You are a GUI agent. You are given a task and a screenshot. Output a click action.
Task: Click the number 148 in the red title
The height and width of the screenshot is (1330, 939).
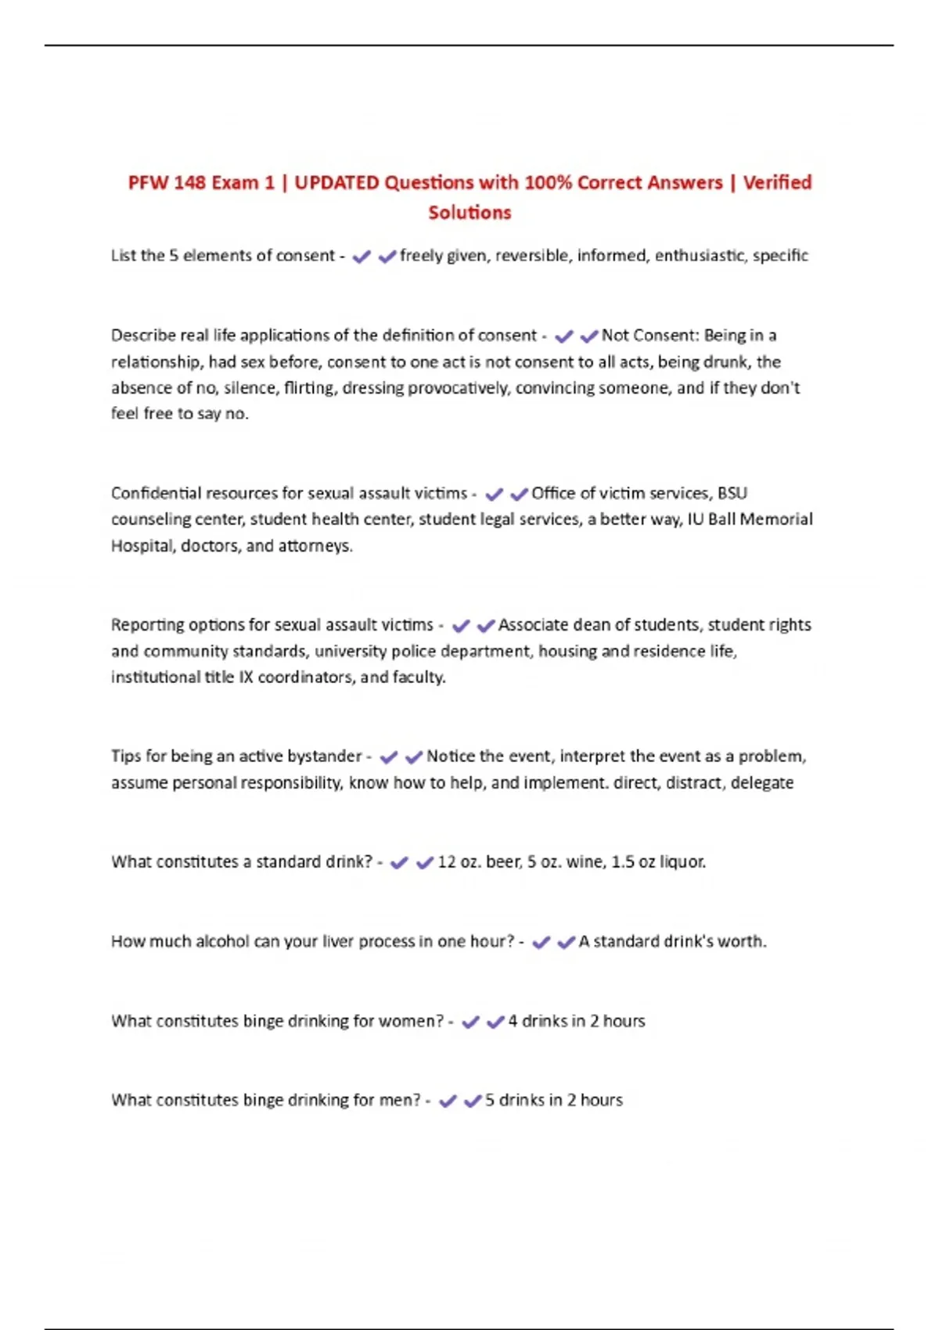189,182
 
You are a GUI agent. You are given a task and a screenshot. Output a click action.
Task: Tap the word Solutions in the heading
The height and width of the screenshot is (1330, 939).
469,212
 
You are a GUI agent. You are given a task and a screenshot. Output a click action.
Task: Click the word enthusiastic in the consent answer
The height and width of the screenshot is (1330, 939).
700,255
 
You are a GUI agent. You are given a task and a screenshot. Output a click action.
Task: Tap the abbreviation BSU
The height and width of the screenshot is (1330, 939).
732,493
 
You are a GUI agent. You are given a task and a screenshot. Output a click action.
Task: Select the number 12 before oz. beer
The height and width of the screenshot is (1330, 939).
446,861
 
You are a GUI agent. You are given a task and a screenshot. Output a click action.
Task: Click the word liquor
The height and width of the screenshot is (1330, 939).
682,861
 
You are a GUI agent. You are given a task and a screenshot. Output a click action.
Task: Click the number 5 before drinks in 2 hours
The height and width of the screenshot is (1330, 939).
489,1100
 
